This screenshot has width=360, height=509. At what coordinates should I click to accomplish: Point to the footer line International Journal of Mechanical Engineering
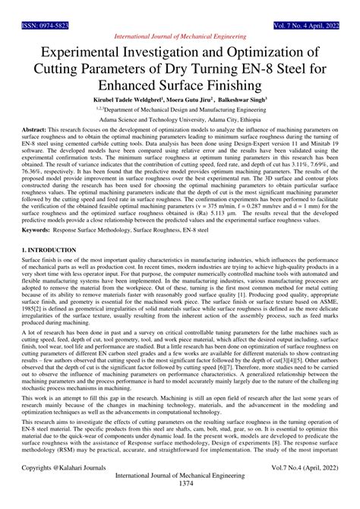180,492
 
